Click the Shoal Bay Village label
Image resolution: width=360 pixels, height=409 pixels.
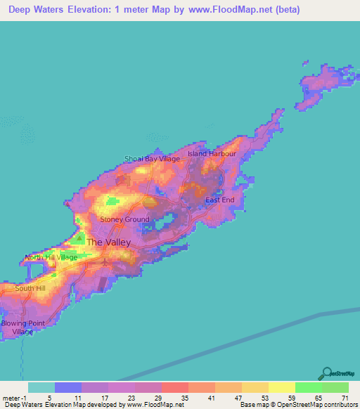click(x=152, y=159)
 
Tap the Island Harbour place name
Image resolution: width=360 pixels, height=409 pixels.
click(x=212, y=153)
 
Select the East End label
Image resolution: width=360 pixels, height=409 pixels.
click(x=219, y=200)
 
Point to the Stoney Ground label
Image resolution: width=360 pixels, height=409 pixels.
click(x=125, y=219)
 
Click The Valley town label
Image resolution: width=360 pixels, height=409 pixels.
click(x=108, y=242)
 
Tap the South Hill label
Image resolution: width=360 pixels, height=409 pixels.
click(x=30, y=288)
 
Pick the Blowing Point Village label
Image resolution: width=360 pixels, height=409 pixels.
click(x=17, y=327)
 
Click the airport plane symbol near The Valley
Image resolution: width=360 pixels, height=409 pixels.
click(x=105, y=262)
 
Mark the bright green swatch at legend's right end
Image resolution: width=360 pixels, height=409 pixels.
click(x=335, y=387)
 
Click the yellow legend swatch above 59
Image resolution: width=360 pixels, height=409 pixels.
click(x=281, y=387)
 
